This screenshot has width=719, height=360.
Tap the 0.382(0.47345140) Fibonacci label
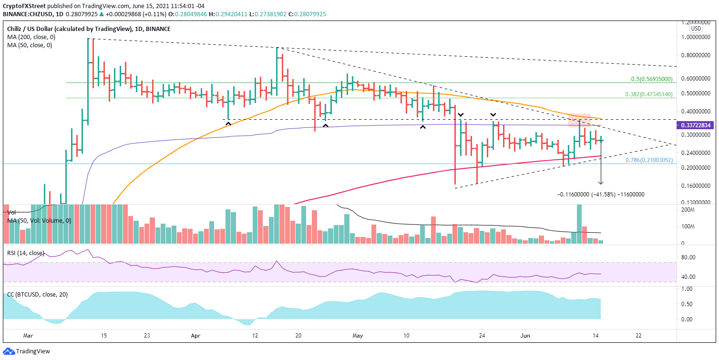coord(650,94)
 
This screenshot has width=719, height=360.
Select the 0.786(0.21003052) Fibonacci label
coord(649,160)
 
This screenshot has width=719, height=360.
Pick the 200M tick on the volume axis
coord(688,210)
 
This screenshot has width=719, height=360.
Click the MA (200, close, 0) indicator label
coord(31,37)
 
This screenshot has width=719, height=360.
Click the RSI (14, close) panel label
coord(25,253)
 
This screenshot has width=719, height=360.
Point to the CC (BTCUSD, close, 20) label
coord(37,294)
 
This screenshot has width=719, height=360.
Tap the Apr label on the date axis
coord(195,335)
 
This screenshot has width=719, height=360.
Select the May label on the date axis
coord(358,335)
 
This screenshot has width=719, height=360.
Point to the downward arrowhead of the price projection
coord(601,183)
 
